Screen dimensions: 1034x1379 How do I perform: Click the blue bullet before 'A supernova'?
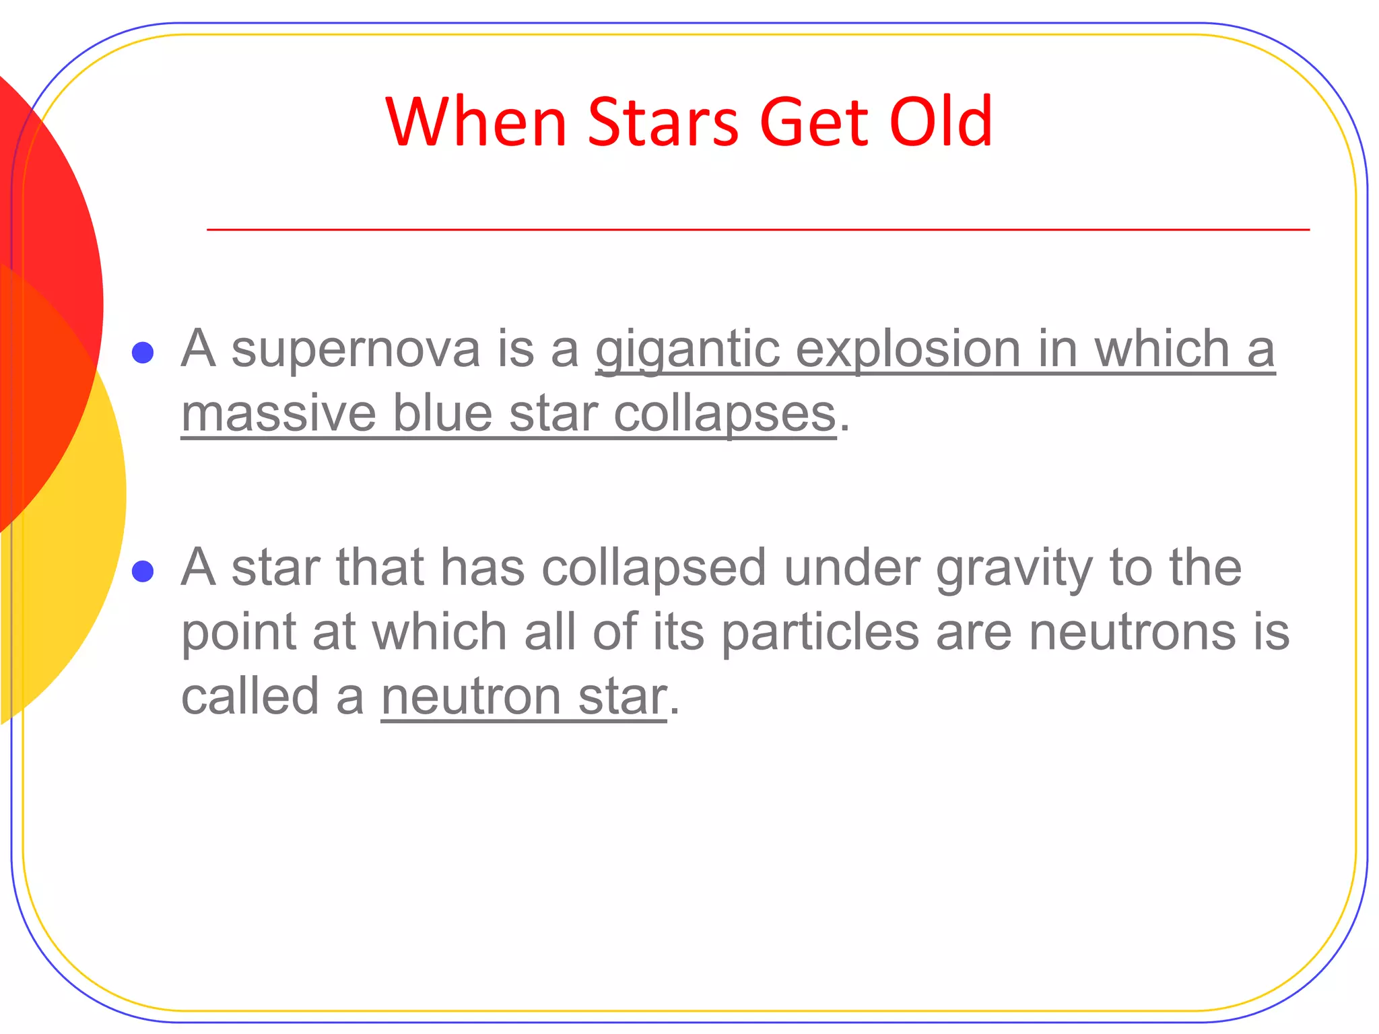(143, 352)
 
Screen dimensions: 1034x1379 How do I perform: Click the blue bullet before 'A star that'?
(143, 572)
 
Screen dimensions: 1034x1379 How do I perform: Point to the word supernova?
(356, 349)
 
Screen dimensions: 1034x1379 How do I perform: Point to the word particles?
(820, 633)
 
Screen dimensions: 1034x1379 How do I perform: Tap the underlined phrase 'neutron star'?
(524, 697)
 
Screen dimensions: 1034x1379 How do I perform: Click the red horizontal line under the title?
(758, 230)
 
